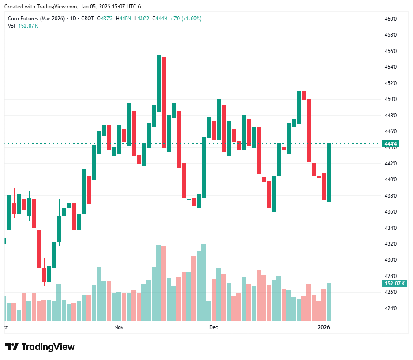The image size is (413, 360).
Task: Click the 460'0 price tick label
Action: [x=391, y=19]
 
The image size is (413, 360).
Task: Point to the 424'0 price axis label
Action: [x=391, y=308]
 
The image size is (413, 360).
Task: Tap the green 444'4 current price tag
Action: [x=391, y=144]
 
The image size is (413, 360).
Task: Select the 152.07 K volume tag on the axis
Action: [x=394, y=283]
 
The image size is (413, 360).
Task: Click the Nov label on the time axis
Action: [x=119, y=327]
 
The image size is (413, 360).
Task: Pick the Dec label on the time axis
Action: [x=214, y=327]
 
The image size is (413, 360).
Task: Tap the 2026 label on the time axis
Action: [x=324, y=327]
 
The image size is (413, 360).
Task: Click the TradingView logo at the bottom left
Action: [x=40, y=347]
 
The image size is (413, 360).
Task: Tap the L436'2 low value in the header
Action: [x=141, y=19]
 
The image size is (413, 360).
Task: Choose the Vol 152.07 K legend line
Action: [x=23, y=26]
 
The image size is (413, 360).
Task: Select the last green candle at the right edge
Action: [x=329, y=172]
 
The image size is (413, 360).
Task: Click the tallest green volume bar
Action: [x=204, y=282]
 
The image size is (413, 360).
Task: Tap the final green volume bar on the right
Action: [x=329, y=302]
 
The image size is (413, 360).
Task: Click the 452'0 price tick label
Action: [x=391, y=83]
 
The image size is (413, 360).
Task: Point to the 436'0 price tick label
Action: [x=391, y=212]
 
